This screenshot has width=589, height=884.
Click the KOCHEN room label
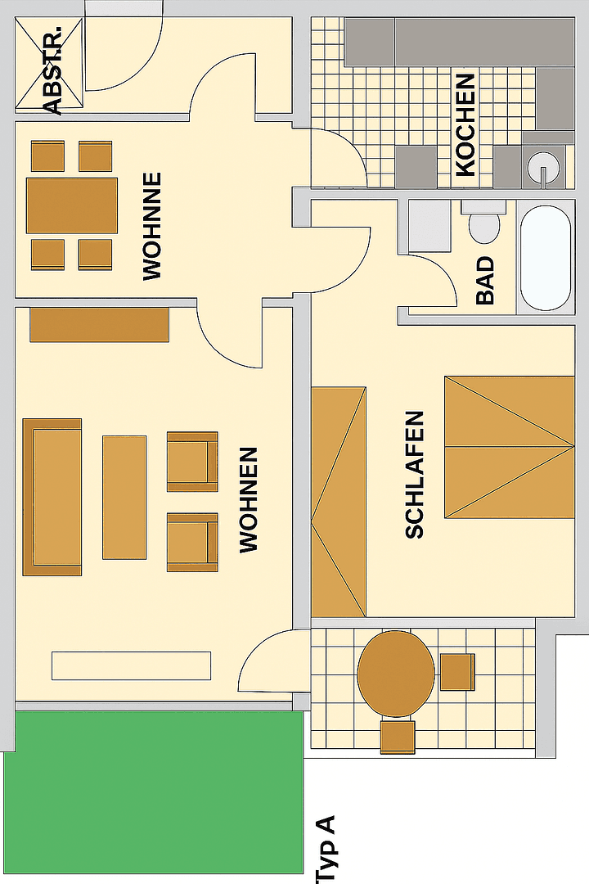pyautogui.click(x=465, y=124)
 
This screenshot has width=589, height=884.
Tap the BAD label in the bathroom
pyautogui.click(x=485, y=281)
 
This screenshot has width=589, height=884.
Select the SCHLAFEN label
pyautogui.click(x=415, y=475)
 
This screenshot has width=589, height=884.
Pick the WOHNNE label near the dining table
pyautogui.click(x=152, y=227)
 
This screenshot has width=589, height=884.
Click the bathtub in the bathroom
pyautogui.click(x=546, y=258)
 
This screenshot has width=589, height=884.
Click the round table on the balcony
pyautogui.click(x=396, y=674)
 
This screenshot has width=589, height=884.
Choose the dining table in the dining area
pyautogui.click(x=72, y=205)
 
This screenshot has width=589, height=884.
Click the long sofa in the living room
pyautogui.click(x=52, y=497)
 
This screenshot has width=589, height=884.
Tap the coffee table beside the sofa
pyautogui.click(x=124, y=497)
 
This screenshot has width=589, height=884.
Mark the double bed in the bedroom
pyautogui.click(x=509, y=446)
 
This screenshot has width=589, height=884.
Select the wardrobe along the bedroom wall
pyautogui.click(x=338, y=502)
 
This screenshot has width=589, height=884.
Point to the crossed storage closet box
pyautogui.click(x=50, y=63)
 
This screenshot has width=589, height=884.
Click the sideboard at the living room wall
pyautogui.click(x=99, y=325)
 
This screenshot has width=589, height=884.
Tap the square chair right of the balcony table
pyautogui.click(x=457, y=671)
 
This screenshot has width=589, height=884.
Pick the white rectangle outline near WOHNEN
pyautogui.click(x=131, y=665)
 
